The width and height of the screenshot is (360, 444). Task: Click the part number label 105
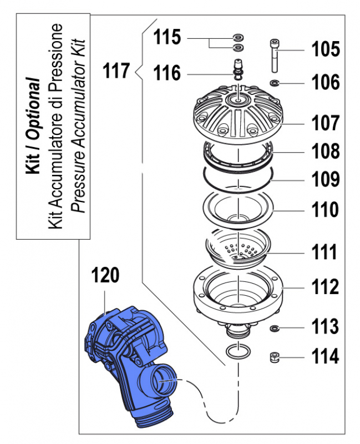point(326,49)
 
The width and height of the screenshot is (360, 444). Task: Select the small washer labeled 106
point(275,83)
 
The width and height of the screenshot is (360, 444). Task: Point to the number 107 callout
point(325,123)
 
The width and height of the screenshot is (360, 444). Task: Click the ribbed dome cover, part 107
point(239,114)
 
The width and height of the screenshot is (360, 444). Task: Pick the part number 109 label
point(326,179)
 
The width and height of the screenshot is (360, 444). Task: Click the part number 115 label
point(167,37)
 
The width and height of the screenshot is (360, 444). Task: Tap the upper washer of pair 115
point(239,37)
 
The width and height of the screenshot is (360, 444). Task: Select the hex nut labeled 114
point(274,357)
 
